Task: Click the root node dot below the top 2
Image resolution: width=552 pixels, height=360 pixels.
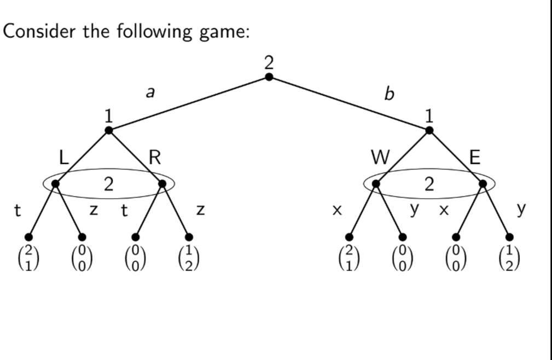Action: click(269, 77)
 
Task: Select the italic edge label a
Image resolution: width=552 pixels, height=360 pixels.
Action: click(149, 93)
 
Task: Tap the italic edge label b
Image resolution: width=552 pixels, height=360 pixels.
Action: click(389, 94)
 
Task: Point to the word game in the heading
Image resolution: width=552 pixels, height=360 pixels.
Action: click(223, 32)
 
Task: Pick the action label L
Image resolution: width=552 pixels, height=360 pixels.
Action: click(63, 158)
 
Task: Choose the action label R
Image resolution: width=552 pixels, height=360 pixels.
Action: click(155, 158)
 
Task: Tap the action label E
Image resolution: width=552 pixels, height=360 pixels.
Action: click(475, 158)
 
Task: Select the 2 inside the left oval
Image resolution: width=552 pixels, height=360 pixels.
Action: click(109, 185)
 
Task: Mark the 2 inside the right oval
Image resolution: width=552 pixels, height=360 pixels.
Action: click(429, 185)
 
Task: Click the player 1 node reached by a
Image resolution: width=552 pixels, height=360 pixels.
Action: click(108, 130)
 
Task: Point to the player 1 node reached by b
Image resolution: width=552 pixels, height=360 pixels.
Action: click(429, 130)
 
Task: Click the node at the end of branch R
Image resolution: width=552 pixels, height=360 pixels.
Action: click(162, 183)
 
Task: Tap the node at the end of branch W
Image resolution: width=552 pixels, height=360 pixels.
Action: click(376, 183)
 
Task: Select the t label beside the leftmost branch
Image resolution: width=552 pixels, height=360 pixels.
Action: click(18, 210)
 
